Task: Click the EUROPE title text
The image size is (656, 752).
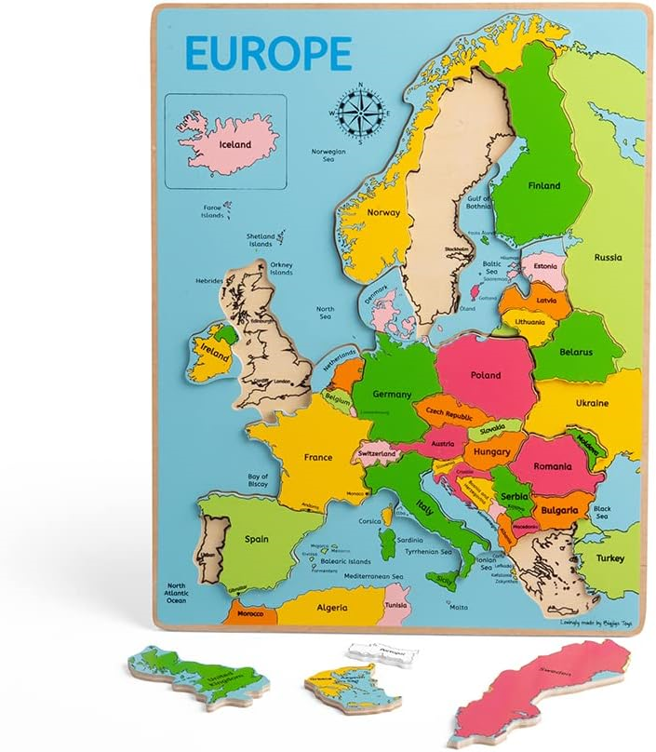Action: [268, 55]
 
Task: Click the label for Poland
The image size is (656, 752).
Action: [486, 376]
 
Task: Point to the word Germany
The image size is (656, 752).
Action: [392, 394]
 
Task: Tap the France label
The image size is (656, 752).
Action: [318, 457]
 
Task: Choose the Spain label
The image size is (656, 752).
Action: [256, 539]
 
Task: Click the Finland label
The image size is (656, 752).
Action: [544, 185]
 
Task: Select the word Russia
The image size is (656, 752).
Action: [609, 257]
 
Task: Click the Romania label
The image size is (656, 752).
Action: [554, 465]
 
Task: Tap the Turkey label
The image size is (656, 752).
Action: [611, 557]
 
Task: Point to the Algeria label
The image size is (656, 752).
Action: [331, 608]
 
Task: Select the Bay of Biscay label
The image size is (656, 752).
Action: [258, 480]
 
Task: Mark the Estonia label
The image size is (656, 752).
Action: [544, 266]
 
